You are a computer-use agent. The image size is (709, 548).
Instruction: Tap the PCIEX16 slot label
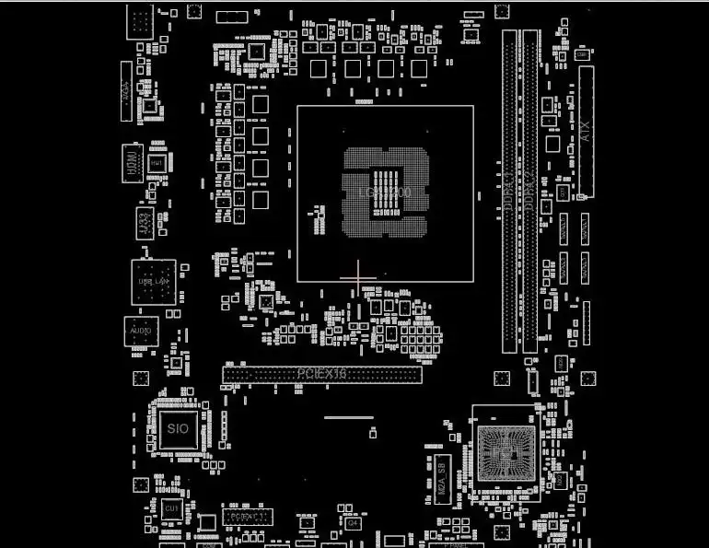tap(321, 374)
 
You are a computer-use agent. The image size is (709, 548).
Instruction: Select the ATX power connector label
tap(587, 131)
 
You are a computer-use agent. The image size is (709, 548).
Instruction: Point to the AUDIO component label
tap(141, 331)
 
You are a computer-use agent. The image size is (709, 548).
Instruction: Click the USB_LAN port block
tap(153, 281)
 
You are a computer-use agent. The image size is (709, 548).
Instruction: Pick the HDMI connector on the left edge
tap(133, 164)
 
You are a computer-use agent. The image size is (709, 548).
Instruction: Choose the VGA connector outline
tap(127, 90)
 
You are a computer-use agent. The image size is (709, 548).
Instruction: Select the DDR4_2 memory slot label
tap(530, 192)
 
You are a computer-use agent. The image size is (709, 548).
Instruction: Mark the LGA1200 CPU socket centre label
tap(385, 192)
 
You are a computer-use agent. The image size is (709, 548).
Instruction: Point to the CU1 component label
tap(171, 508)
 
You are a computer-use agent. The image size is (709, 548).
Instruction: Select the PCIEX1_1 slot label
tap(245, 518)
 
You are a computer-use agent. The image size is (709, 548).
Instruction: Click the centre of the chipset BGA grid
tap(503, 453)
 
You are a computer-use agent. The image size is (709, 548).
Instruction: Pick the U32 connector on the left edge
tap(144, 222)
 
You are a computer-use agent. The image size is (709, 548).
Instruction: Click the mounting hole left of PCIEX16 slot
tap(141, 378)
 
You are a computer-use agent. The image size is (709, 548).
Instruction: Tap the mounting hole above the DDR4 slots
tap(502, 11)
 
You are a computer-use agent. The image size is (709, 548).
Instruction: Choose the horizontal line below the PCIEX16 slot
tap(349, 417)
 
